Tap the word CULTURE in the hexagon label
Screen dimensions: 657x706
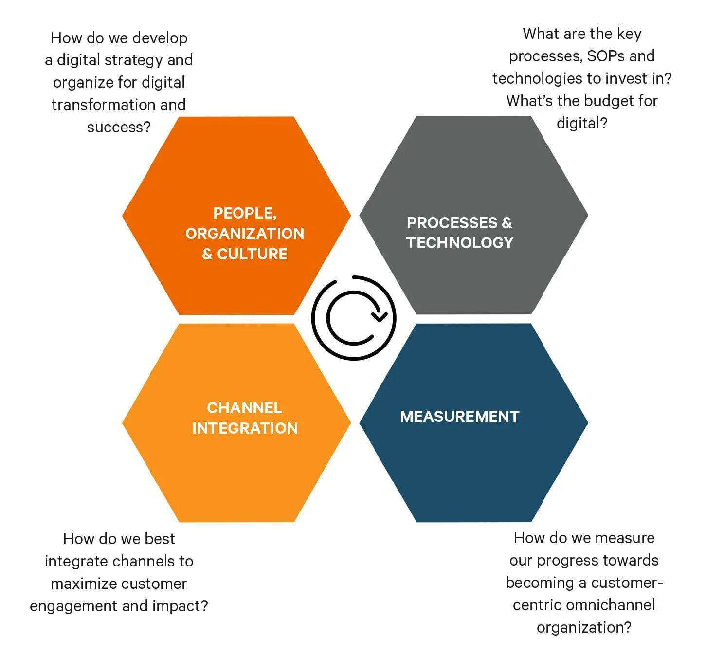[x=252, y=254]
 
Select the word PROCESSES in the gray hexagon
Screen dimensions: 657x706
[x=452, y=223]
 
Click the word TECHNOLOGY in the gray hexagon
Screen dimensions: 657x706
[x=460, y=243]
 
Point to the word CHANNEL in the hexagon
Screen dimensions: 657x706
[x=244, y=408]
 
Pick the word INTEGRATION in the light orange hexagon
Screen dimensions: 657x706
[x=245, y=428]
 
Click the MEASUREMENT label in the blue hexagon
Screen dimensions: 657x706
[x=459, y=417]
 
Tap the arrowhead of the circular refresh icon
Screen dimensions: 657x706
[x=379, y=317]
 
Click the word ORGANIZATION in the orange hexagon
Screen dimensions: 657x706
[x=245, y=234]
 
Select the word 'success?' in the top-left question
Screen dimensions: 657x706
[x=119, y=127]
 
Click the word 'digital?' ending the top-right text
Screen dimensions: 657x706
[x=582, y=123]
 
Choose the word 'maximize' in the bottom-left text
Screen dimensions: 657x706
[x=81, y=584]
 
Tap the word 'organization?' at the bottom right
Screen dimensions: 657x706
[x=584, y=627]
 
